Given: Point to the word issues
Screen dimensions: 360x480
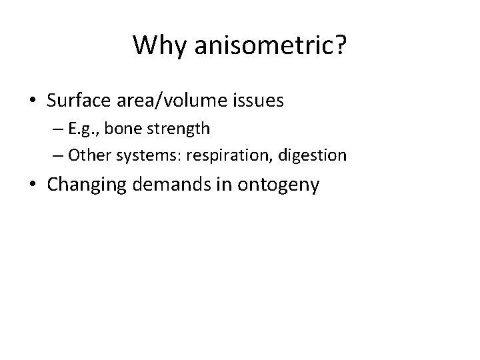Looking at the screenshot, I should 257,101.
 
